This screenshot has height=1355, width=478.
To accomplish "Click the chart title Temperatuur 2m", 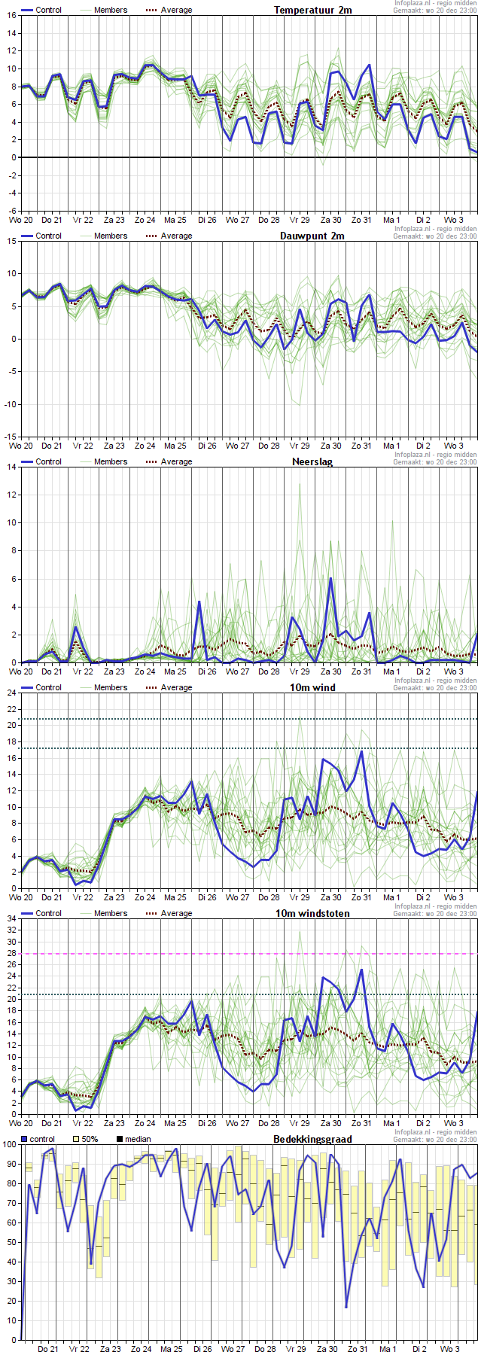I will (x=312, y=10).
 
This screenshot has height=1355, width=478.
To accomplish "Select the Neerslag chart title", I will (x=312, y=461).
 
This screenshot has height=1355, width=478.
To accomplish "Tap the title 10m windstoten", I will (x=319, y=913).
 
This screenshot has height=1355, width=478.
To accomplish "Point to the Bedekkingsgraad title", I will (x=312, y=1139).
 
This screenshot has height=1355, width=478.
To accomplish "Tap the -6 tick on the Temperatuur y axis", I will (x=11, y=212).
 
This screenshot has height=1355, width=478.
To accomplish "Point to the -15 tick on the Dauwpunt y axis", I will (x=10, y=437).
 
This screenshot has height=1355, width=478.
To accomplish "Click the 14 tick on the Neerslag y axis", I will (x=11, y=467).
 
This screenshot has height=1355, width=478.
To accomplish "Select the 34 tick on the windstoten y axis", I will (x=11, y=918).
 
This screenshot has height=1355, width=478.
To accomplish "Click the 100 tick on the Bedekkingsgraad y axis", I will (x=9, y=1144).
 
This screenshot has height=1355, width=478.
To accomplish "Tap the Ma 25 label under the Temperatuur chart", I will (x=175, y=220).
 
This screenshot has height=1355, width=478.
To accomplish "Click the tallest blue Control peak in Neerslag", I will (x=330, y=578).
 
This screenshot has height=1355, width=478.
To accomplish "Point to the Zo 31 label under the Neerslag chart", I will (x=362, y=671).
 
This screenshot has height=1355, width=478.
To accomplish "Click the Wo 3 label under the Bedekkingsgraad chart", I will (x=450, y=1349).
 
